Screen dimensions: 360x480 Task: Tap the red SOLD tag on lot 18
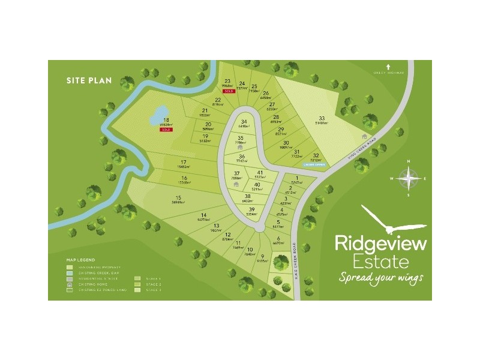click(x=165, y=130)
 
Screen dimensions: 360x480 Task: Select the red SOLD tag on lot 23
click(x=228, y=91)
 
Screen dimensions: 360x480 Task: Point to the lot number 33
click(x=322, y=118)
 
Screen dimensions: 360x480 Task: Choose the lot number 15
click(x=178, y=198)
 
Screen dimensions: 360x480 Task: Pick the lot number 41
click(x=260, y=172)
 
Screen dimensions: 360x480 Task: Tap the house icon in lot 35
click(x=240, y=146)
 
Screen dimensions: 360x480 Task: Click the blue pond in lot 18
click(x=160, y=112)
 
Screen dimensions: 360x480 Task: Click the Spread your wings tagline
click(x=380, y=278)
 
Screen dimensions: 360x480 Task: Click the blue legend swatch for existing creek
click(x=70, y=272)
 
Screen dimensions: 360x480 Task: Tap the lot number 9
click(x=262, y=256)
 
